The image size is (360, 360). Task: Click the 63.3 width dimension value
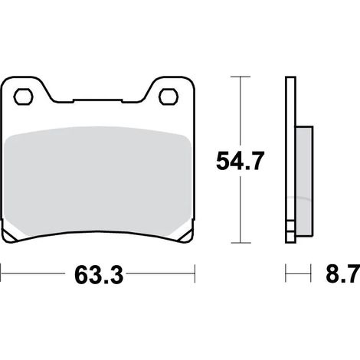click(99, 275)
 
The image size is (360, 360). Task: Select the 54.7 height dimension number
click(239, 161)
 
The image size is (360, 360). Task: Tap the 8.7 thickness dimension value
click(343, 273)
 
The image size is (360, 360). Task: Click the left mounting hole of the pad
click(23, 97)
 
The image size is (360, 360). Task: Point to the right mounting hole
click(169, 97)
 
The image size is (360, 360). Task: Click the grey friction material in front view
click(98, 182)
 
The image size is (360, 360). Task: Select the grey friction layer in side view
click(304, 181)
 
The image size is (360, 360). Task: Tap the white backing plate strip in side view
click(290, 159)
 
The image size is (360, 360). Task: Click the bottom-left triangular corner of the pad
click(9, 234)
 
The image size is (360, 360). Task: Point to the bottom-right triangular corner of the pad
click(186, 234)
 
